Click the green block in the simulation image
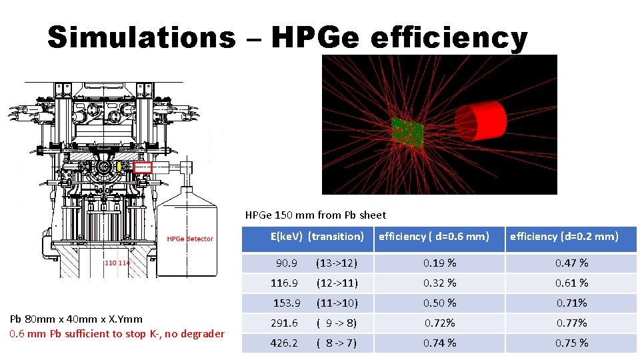click(407, 133)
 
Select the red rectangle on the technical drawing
click(143, 167)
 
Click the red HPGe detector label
click(190, 239)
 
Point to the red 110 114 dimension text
click(117, 263)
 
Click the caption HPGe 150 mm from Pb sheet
click(315, 215)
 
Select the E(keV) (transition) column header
click(317, 236)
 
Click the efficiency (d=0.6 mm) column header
click(434, 236)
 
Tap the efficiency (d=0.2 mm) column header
click(564, 236)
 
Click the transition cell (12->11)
click(337, 283)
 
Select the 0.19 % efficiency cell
click(440, 263)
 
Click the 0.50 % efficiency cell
click(440, 303)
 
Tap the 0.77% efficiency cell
click(572, 323)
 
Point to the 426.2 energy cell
click(284, 343)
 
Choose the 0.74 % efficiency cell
click(440, 343)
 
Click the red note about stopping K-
click(117, 333)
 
